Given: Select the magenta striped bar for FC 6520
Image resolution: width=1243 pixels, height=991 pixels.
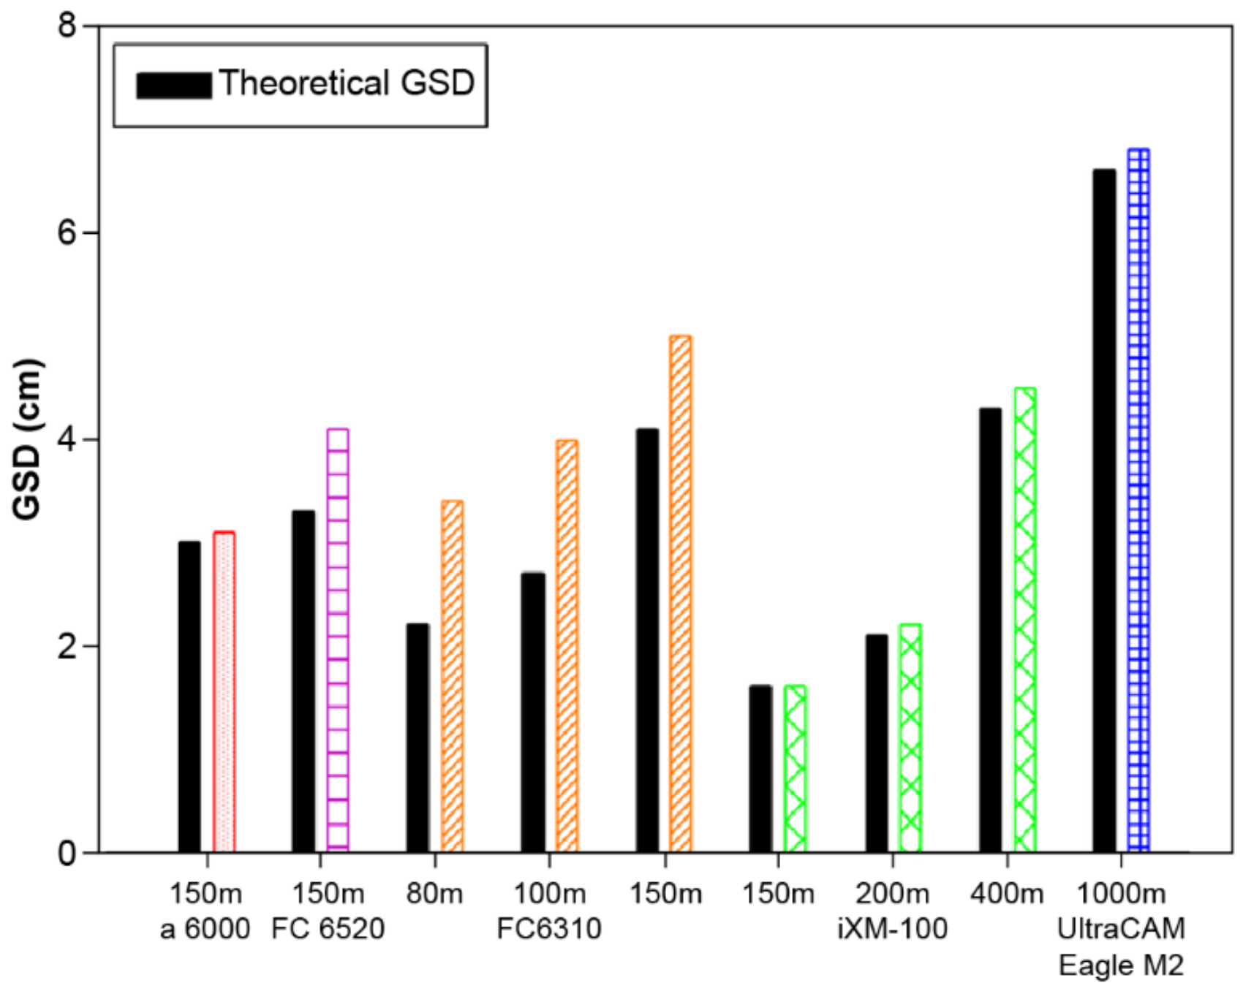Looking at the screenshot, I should (338, 640).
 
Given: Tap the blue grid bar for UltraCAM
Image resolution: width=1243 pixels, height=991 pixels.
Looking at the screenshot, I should (1138, 501).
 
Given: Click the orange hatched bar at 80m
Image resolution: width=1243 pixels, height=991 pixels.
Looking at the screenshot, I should (452, 676).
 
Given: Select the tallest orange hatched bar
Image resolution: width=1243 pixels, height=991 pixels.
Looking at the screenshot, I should (680, 593).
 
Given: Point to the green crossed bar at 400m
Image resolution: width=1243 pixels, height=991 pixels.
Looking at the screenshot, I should (1024, 620).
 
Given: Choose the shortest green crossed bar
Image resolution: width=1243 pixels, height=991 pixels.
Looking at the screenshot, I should (795, 769).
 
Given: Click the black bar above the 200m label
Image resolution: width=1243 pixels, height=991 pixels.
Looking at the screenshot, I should (876, 743).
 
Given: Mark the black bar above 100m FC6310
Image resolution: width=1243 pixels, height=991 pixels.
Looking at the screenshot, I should (533, 713).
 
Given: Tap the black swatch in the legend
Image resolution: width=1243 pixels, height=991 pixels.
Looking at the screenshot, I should (174, 85).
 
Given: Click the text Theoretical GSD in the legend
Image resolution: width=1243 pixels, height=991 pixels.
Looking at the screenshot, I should (347, 83).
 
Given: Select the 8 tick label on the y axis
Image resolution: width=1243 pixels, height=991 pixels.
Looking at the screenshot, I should (67, 26).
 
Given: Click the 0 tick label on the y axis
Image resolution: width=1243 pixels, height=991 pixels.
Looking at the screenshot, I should (67, 853).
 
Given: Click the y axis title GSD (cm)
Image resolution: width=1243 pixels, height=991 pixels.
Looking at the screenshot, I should (28, 439).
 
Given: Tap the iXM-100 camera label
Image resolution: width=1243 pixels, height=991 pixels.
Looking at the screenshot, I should (892, 929).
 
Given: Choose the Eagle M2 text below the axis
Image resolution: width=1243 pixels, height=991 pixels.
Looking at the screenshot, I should (1121, 965).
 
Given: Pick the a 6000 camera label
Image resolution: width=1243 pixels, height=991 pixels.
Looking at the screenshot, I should (205, 929).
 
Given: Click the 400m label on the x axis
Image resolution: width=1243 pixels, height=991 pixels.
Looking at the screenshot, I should (1007, 893).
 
